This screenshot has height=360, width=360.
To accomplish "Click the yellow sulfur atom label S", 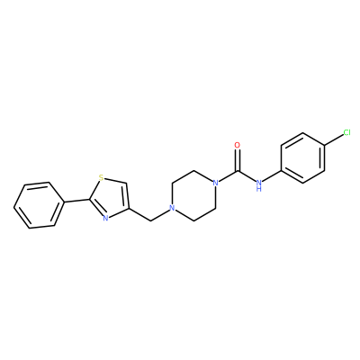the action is [x=102, y=178].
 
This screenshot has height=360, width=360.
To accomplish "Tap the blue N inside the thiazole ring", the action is [x=105, y=218].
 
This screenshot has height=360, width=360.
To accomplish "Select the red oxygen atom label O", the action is [x=238, y=146].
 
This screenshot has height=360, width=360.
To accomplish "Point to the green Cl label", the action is [x=346, y=132].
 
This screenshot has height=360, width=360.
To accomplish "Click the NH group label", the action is [x=259, y=184].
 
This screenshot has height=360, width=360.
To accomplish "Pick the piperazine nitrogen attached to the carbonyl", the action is [x=214, y=182].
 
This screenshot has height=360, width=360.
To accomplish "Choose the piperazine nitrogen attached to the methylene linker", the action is [x=172, y=208].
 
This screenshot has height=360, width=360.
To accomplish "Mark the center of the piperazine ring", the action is [x=193, y=195].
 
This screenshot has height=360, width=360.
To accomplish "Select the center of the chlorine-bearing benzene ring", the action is [x=303, y=157].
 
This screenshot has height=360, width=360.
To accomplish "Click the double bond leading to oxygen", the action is [x=238, y=160].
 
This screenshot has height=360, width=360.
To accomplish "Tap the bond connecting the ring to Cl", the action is [x=334, y=140].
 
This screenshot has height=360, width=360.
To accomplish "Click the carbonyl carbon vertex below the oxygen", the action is [x=238, y=171].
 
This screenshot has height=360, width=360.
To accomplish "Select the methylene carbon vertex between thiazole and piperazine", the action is [x=150, y=221].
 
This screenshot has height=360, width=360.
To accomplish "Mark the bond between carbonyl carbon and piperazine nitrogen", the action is [x=228, y=175].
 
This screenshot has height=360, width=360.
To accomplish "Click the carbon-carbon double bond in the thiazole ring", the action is [x=128, y=195].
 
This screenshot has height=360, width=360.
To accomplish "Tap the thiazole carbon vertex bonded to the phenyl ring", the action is [x=89, y=199].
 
